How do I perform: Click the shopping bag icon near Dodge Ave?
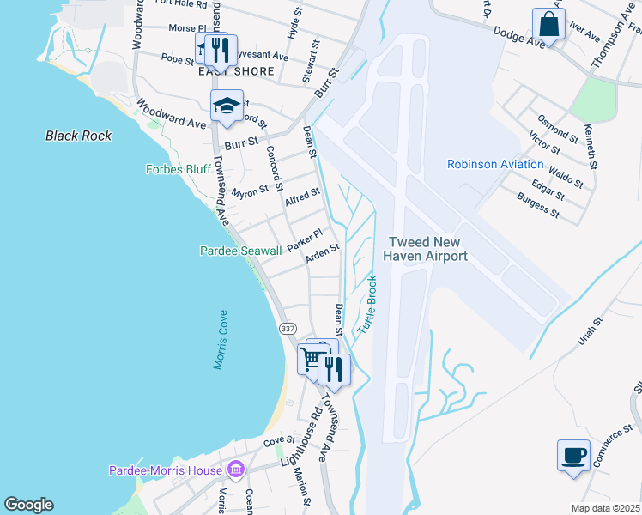click(548, 25)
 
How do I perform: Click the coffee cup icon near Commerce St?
click(573, 456)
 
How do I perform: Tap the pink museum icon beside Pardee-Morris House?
click(235, 470)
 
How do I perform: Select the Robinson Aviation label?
click(495, 164)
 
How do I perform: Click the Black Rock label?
click(78, 136)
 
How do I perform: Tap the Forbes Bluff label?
click(178, 169)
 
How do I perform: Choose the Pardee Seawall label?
click(240, 251)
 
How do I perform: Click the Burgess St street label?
click(538, 206)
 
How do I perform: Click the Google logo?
click(28, 505)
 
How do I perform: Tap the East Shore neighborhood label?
click(236, 71)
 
